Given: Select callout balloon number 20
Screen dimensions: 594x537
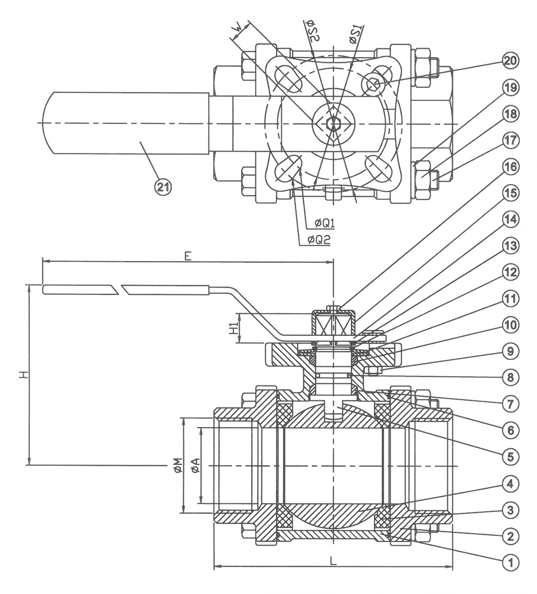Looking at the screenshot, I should [511, 61].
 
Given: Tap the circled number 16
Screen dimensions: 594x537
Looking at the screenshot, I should [511, 167].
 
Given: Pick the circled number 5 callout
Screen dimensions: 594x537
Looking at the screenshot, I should [511, 456].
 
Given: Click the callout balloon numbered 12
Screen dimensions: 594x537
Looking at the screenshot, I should [511, 273].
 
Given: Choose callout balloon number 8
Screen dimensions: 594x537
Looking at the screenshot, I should [511, 377].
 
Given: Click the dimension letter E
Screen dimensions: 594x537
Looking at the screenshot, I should [187, 256].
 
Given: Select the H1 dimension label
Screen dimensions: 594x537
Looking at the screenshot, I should [234, 328].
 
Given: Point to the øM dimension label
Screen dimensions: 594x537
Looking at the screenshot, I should [179, 465].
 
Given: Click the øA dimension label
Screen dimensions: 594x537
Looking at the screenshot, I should [195, 465].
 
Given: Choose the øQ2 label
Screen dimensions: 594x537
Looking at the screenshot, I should [319, 240].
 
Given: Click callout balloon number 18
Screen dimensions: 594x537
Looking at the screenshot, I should [511, 114].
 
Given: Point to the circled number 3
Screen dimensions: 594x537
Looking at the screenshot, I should [511, 511].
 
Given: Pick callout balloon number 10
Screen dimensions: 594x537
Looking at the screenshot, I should [511, 325].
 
